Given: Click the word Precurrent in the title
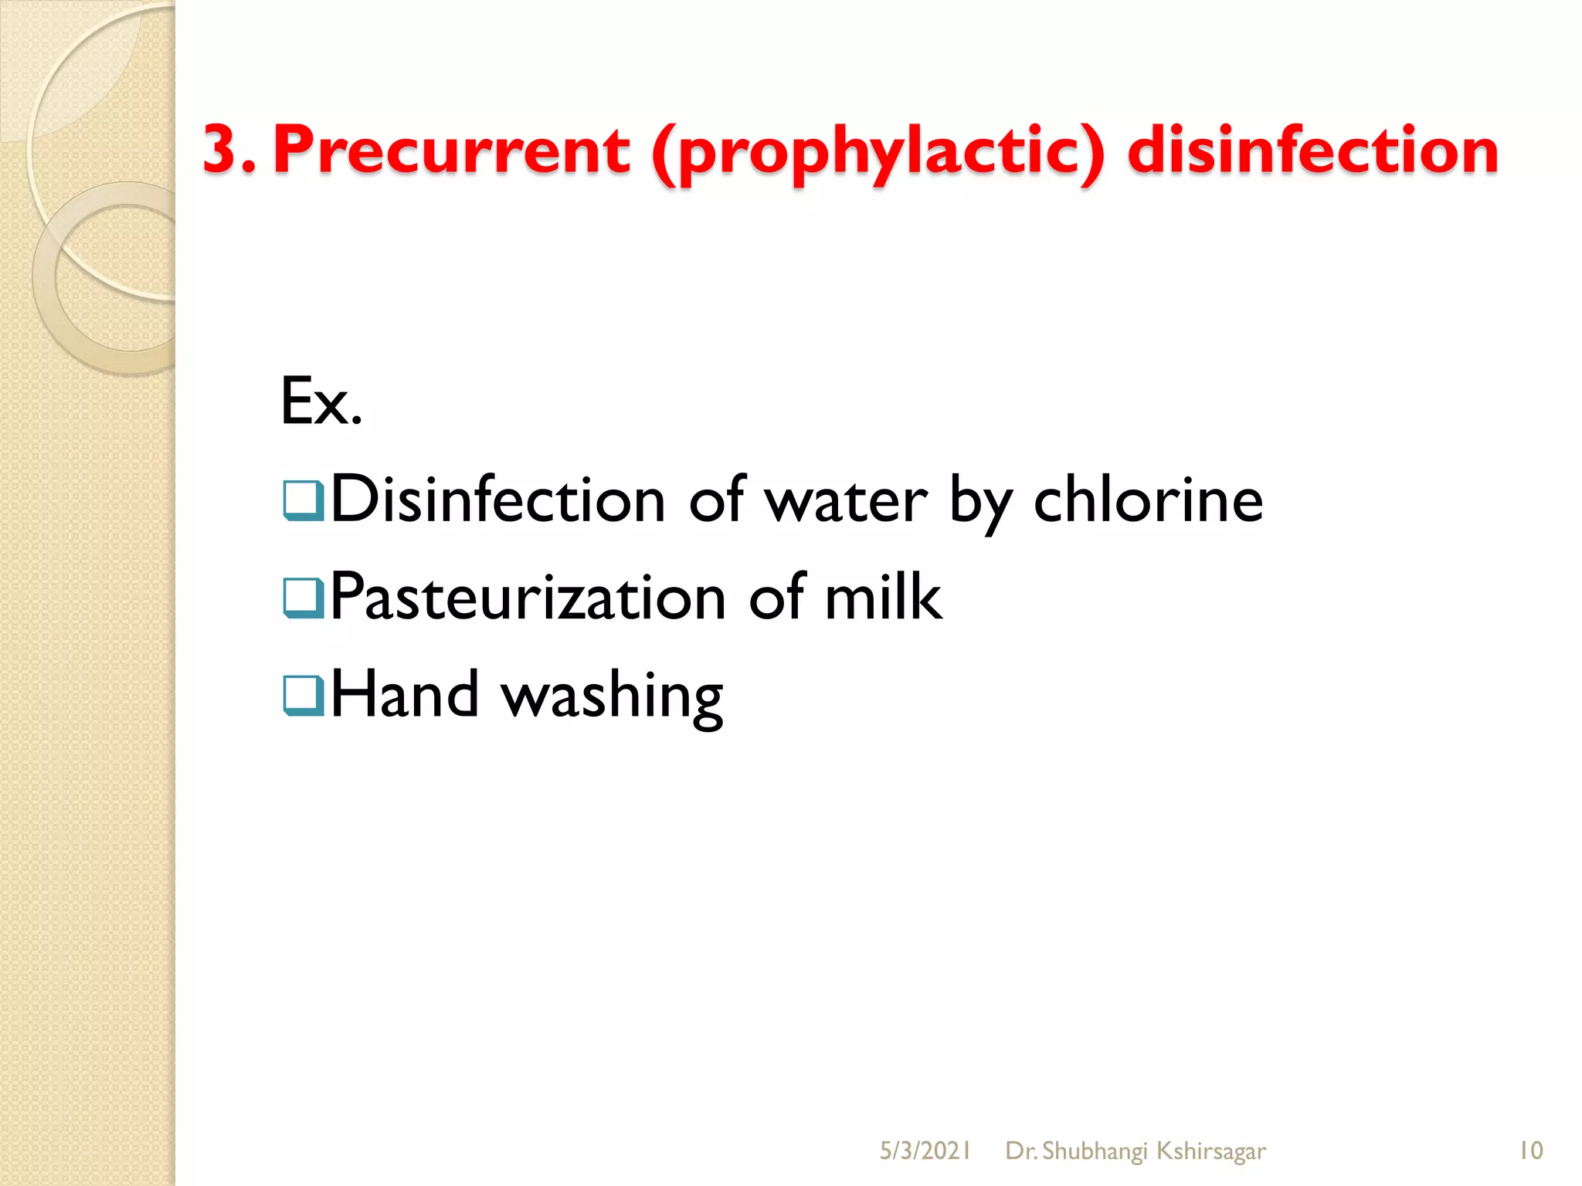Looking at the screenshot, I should tap(452, 150).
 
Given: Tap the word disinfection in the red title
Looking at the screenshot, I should tap(1312, 150).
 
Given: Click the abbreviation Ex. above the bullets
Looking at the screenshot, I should tap(321, 401).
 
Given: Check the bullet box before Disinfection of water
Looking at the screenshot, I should tap(303, 500).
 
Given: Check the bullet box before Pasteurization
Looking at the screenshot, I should tap(303, 598).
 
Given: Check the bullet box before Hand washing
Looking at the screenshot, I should tap(303, 695).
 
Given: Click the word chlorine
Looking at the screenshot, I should tap(1148, 500).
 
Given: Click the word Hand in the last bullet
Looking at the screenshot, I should tap(405, 694).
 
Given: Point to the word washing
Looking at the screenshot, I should tap(613, 696).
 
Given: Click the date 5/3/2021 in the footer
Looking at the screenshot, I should tap(925, 1151).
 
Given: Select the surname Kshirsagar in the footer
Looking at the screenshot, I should tap(1211, 1151).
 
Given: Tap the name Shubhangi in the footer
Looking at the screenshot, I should tap(1095, 1151).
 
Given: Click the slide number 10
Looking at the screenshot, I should tap(1530, 1150).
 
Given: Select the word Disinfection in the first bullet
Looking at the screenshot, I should tap(498, 500).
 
